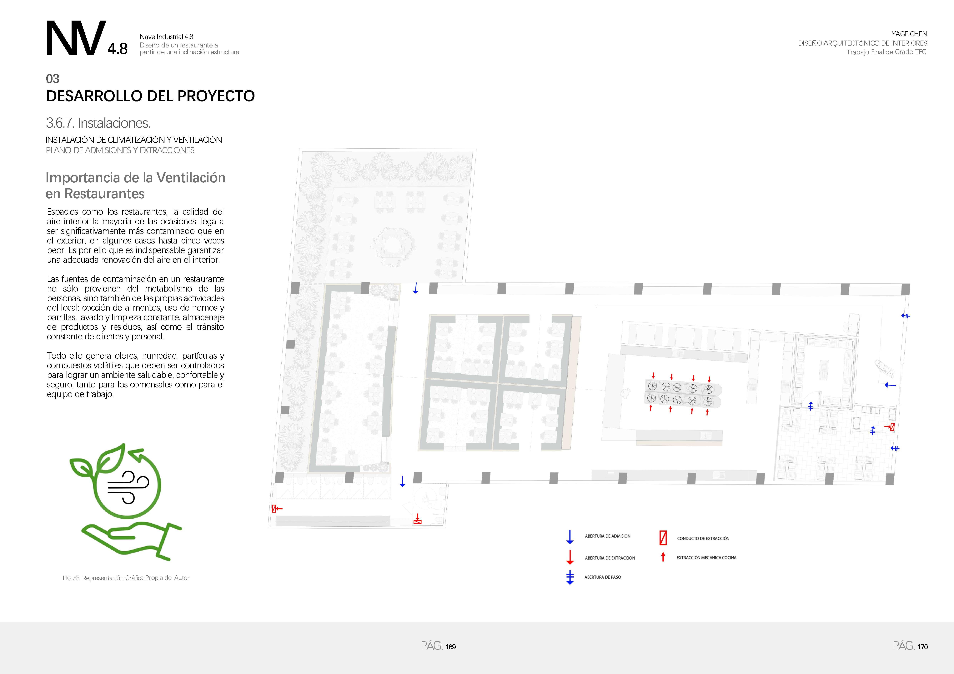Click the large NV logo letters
(75, 39)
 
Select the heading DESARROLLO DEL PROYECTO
(150, 96)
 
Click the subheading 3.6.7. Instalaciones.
(98, 123)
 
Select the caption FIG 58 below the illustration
(126, 578)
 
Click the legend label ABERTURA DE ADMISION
(607, 536)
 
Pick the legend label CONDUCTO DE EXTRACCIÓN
(703, 539)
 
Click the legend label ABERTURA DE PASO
(602, 577)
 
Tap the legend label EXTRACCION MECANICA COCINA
(706, 558)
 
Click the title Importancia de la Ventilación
(135, 178)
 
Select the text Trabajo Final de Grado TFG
(887, 52)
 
